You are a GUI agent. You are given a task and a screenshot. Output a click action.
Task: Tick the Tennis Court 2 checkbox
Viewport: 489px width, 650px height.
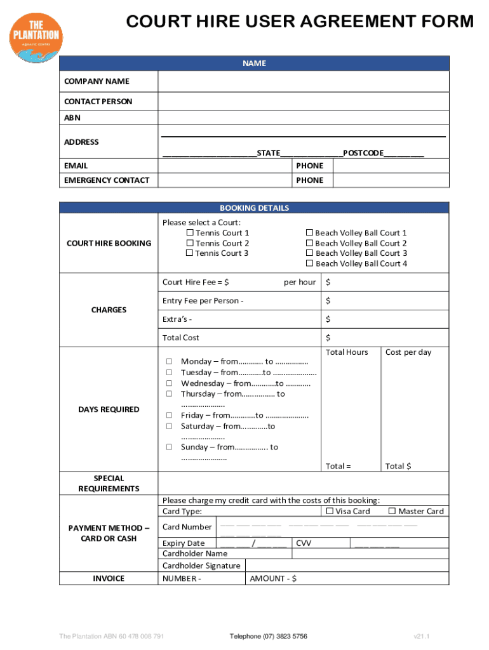pyautogui.click(x=189, y=243)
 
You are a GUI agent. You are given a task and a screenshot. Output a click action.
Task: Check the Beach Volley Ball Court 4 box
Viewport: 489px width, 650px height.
pyautogui.click(x=310, y=263)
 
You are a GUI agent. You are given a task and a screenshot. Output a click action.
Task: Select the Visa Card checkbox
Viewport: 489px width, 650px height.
pyautogui.click(x=330, y=511)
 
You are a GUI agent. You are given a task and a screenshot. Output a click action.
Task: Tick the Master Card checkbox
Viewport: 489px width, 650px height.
pyautogui.click(x=392, y=511)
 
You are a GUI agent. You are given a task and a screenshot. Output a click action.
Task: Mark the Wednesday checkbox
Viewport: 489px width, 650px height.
pyautogui.click(x=170, y=383)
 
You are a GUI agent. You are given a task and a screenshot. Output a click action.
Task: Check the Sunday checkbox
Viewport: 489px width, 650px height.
pyautogui.click(x=170, y=447)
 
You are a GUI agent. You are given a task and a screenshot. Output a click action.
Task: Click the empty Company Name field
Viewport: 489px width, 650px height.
pyautogui.click(x=303, y=81)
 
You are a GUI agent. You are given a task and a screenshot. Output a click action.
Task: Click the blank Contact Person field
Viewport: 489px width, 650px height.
pyautogui.click(x=303, y=102)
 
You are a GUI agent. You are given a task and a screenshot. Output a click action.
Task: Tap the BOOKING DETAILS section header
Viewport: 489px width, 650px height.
pyautogui.click(x=254, y=208)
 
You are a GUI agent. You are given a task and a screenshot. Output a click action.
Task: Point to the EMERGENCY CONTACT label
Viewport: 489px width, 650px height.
pyautogui.click(x=107, y=180)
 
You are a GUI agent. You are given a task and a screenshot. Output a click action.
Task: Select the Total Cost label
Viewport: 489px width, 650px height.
pyautogui.click(x=181, y=338)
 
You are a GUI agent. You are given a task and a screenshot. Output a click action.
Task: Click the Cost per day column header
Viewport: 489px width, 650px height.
pyautogui.click(x=408, y=352)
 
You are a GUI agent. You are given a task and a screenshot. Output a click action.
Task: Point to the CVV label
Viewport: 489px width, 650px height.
pyautogui.click(x=304, y=543)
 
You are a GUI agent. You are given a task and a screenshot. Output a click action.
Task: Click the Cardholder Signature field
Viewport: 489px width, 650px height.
pyautogui.click(x=347, y=566)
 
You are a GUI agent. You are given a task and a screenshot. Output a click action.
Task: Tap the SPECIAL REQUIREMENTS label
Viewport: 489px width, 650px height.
pyautogui.click(x=109, y=483)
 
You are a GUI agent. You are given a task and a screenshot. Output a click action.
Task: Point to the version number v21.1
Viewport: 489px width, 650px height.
pyautogui.click(x=422, y=636)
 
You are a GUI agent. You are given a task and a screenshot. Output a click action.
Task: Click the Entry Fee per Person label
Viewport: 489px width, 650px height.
pyautogui.click(x=203, y=300)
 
